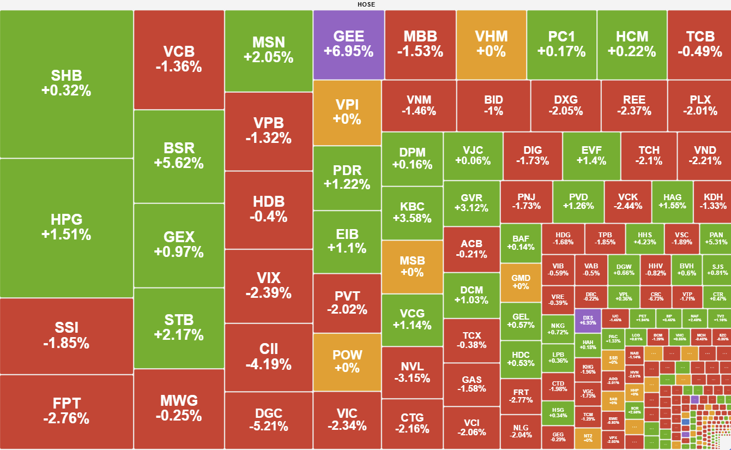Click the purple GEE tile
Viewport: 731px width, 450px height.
coord(348,44)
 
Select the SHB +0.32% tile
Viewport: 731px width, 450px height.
coord(66,83)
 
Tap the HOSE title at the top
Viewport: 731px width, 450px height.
coord(366,4)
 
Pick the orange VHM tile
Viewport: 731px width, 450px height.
coord(491,44)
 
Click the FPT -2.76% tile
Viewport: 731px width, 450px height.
coord(66,411)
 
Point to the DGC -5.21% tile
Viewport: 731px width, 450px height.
coord(269,419)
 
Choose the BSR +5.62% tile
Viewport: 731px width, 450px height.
coord(179,155)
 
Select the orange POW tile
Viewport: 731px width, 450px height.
coord(347,362)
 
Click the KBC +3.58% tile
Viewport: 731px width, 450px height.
coord(412,213)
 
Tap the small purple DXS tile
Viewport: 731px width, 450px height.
coord(588,320)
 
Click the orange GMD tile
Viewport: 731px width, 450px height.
coord(521,282)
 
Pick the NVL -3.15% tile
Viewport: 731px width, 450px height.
coord(412,372)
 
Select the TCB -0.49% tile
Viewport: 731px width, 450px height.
coord(700,44)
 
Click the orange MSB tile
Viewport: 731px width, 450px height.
coord(412,267)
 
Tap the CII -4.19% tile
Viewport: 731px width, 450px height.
coord(269,357)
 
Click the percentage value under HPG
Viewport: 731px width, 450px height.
coord(66,235)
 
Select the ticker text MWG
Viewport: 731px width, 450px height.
coord(179,401)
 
